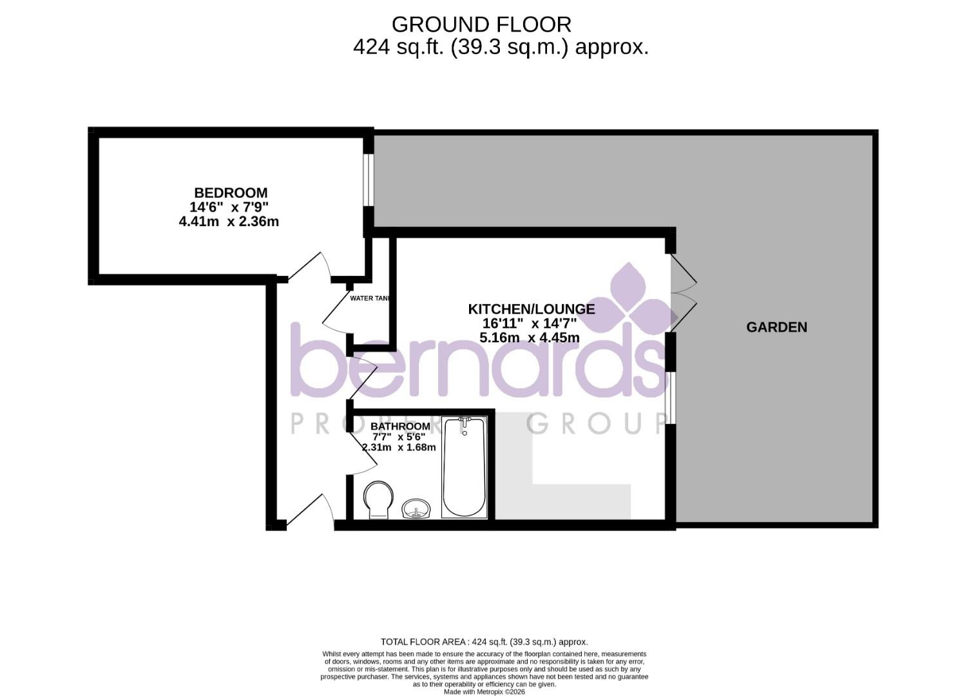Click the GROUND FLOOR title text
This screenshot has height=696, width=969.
[481, 24]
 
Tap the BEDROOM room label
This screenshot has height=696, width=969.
[231, 193]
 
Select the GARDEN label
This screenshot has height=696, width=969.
[776, 327]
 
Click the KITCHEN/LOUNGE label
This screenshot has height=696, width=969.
[531, 309]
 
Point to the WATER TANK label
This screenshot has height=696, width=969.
[370, 298]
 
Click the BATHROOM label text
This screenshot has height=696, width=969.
[400, 427]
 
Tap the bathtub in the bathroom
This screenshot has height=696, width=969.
[464, 467]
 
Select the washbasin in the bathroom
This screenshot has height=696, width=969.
[416, 509]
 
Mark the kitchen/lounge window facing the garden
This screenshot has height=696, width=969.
[670, 398]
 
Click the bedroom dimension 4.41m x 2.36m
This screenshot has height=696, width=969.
[229, 222]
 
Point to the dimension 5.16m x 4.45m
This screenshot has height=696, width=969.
[530, 338]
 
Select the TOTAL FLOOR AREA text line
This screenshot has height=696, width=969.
[484, 642]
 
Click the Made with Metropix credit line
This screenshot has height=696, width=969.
[484, 691]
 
